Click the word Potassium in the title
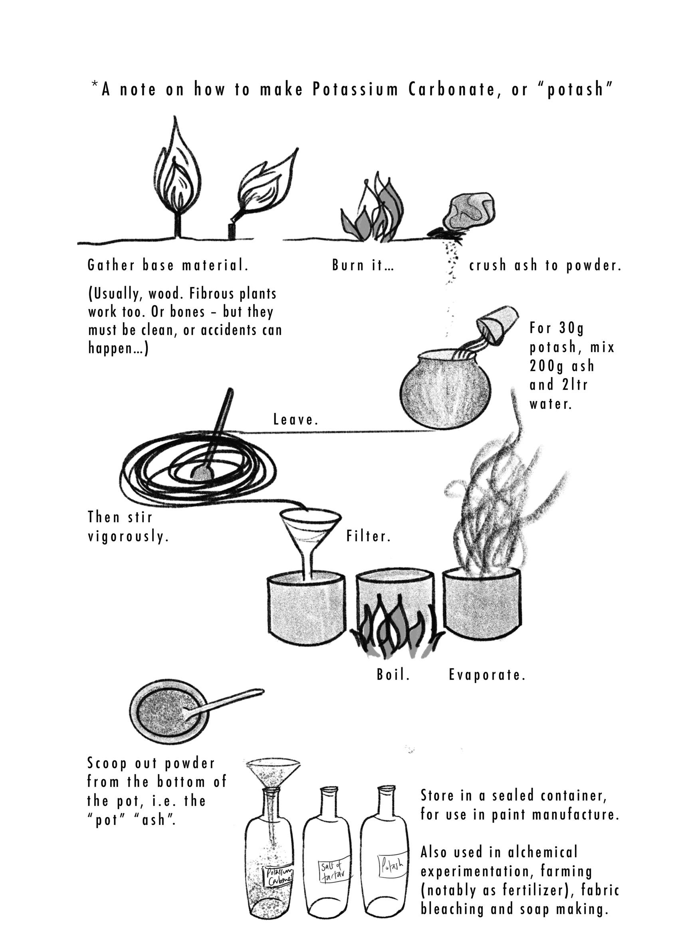355,89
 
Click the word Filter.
368,536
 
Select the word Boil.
393,675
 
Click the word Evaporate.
487,675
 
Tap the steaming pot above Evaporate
482,602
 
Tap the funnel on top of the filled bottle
273,773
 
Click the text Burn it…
363,265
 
